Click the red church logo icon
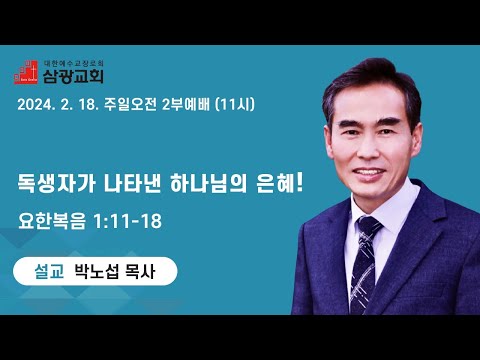pyautogui.click(x=26, y=72)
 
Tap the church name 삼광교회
pyautogui.click(x=73, y=76)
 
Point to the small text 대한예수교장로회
pyautogui.click(x=74, y=63)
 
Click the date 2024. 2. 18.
pyautogui.click(x=58, y=105)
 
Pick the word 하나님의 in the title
pyautogui.click(x=208, y=183)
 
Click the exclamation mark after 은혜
pyautogui.click(x=299, y=183)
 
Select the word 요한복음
pyautogui.click(x=52, y=221)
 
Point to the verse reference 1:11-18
pyautogui.click(x=128, y=221)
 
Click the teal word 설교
pyautogui.click(x=49, y=271)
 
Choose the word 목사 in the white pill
pyautogui.click(x=140, y=271)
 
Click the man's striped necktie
pyautogui.click(x=365, y=263)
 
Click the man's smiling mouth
pyautogui.click(x=369, y=173)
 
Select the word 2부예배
pyautogui.click(x=186, y=104)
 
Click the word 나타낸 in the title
pyautogui.click(x=133, y=183)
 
